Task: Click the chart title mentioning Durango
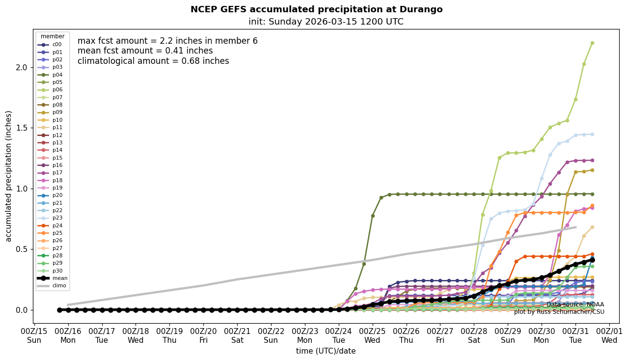tap(316, 9)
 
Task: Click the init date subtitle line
tap(326, 22)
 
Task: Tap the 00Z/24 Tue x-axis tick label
tap(339, 336)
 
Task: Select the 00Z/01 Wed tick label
tap(609, 336)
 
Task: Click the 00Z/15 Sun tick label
tap(34, 336)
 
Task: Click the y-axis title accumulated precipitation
tap(8, 176)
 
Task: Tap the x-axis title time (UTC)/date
tap(326, 351)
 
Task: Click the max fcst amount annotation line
tap(167, 41)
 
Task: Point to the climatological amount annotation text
tap(153, 61)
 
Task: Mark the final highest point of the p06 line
tap(592, 43)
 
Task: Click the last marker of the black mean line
tap(592, 260)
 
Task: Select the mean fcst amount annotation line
tap(145, 51)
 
